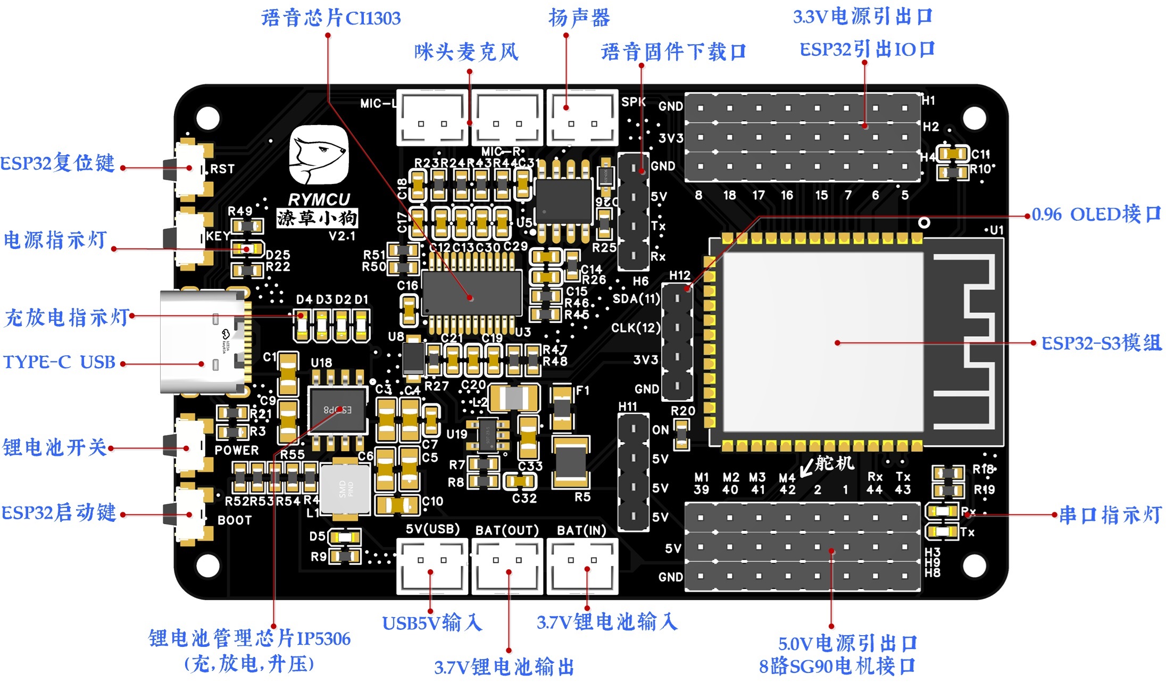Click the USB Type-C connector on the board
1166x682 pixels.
coord(205,342)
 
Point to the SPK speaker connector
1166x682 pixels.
coord(582,118)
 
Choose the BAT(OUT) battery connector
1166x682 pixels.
coord(507,566)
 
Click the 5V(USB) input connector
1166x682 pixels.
coord(432,566)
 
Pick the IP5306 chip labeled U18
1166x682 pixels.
coord(338,410)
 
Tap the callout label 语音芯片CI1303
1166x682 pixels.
coord(331,18)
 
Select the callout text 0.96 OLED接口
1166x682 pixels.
coord(1096,214)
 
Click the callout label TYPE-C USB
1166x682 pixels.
coord(60,362)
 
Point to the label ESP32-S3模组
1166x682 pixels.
coord(1101,343)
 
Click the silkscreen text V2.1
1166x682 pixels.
coord(342,236)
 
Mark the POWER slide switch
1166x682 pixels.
coord(187,447)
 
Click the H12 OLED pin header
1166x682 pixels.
coord(677,342)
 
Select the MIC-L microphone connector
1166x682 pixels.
coord(432,118)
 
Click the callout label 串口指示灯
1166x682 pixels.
coord(1110,515)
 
